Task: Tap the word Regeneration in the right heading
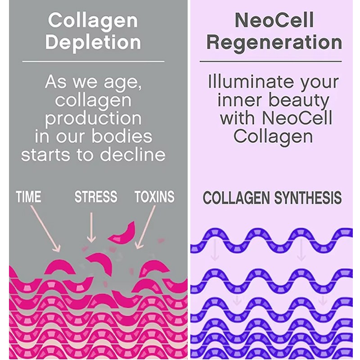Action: tap(274, 42)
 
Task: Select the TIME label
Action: tap(28, 197)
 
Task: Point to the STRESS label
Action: tap(96, 197)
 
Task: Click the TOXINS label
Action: tap(154, 197)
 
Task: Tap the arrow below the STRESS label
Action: tap(91, 227)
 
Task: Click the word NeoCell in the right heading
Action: tap(274, 20)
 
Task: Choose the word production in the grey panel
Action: tap(93, 118)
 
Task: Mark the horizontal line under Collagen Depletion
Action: tap(93, 61)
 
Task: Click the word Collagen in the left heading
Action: tap(93, 20)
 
